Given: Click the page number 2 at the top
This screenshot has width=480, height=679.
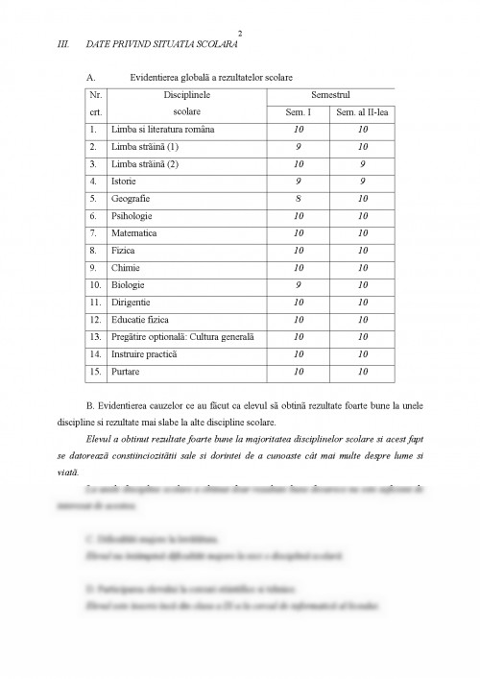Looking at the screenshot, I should point(239,31).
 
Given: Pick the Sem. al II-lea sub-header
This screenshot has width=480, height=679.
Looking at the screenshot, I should point(361,112).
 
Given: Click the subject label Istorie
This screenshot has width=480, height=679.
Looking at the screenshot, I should point(124,181).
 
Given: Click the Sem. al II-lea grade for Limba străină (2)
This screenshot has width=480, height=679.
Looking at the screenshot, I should point(362,163).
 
